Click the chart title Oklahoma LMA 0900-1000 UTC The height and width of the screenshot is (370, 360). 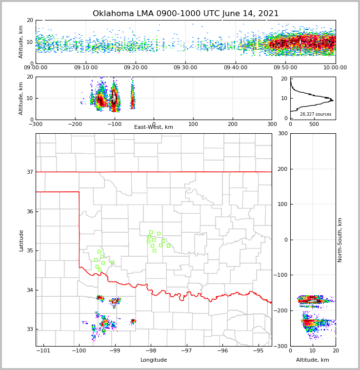tap(185, 14)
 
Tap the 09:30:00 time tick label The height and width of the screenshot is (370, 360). tap(185, 68)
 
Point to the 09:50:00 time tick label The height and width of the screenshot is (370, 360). tap(285, 68)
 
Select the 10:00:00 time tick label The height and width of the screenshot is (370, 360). tap(335, 68)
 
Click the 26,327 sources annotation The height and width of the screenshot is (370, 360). tap(316, 114)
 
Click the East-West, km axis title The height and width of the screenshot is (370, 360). tap(154, 127)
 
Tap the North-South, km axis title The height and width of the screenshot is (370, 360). tap(340, 240)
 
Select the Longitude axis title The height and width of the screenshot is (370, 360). tap(154, 360)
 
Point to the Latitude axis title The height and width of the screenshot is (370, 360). tap(21, 240)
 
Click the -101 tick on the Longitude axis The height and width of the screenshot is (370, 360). tap(43, 351)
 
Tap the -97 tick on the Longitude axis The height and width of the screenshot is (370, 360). tap(186, 351)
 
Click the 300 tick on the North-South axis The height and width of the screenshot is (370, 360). tap(282, 134)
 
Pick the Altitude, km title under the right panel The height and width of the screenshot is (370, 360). tap(313, 360)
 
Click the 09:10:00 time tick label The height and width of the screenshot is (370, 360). tap(85, 68)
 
